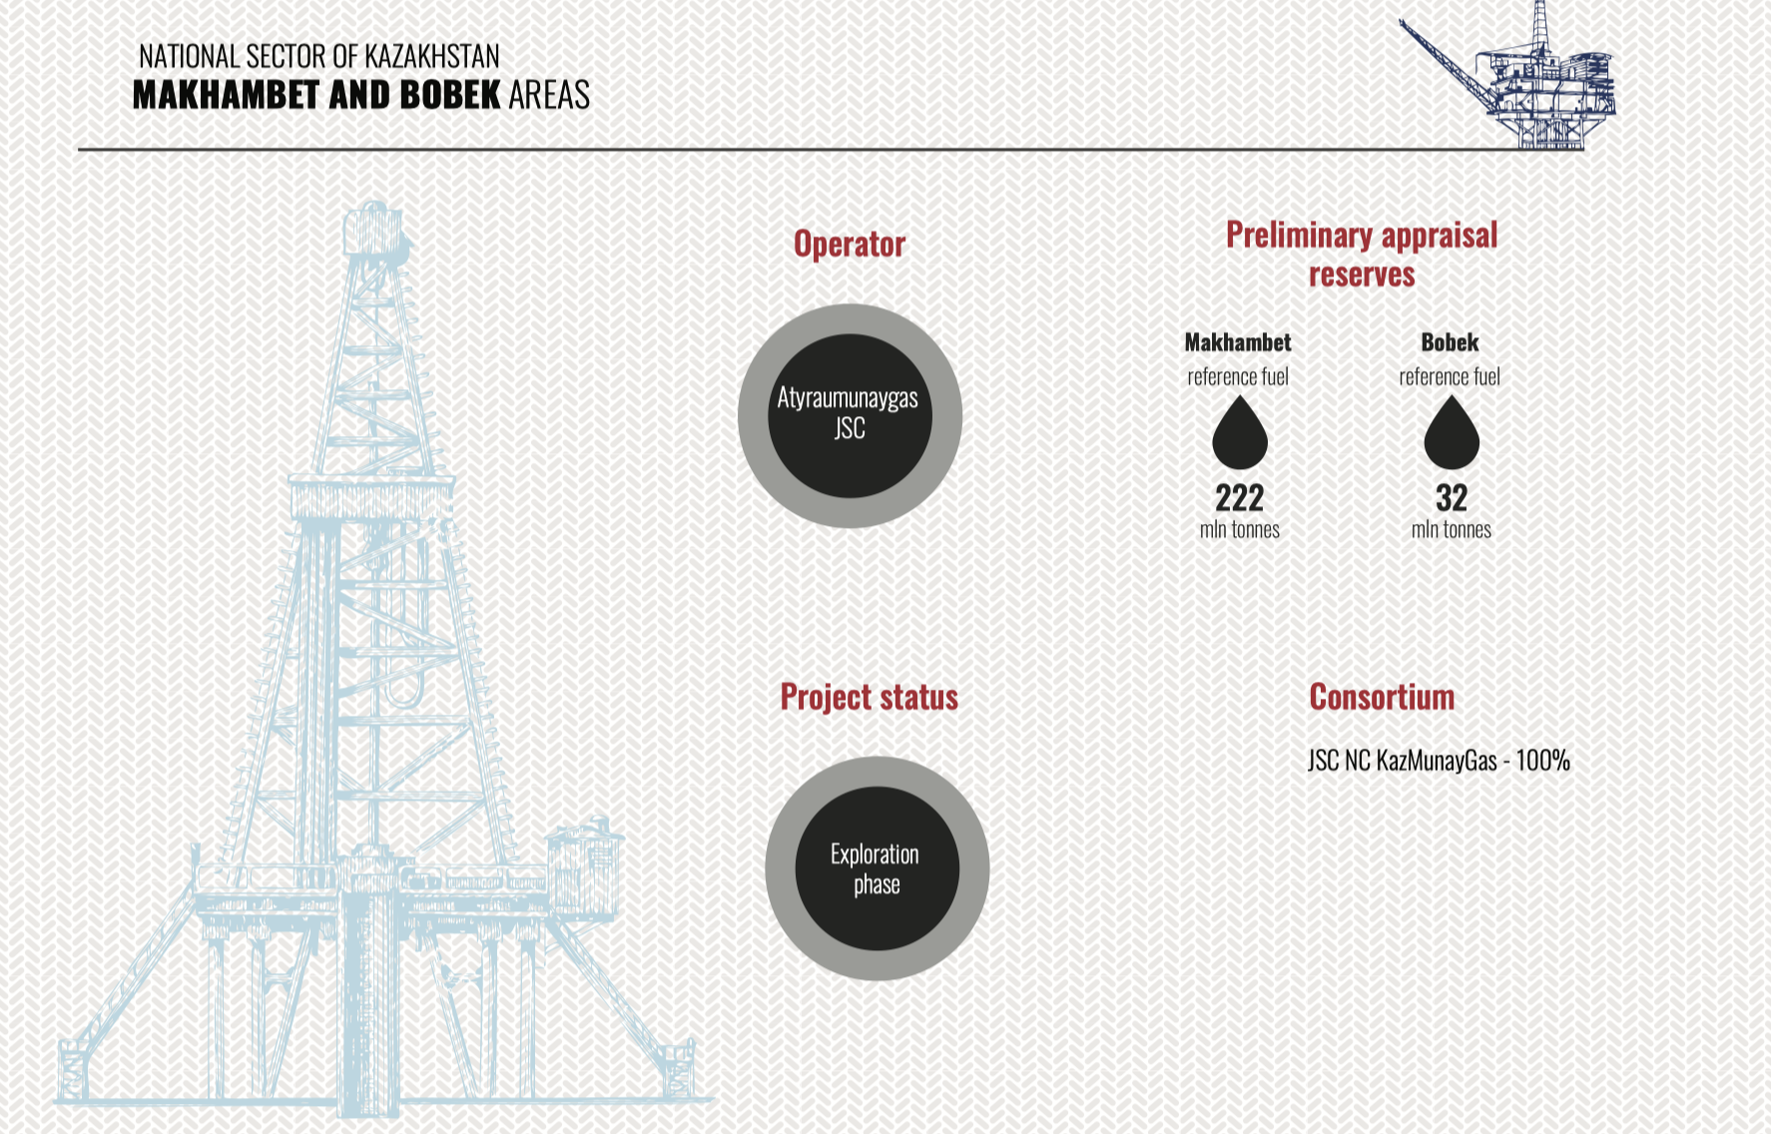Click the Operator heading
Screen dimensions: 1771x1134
point(850,245)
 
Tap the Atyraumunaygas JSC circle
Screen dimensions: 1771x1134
point(850,415)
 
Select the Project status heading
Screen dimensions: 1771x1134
point(870,697)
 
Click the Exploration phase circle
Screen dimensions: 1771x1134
point(878,868)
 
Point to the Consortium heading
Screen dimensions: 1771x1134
point(1382,697)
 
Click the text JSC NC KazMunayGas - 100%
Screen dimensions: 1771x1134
point(1439,761)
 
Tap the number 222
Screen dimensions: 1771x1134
point(1240,497)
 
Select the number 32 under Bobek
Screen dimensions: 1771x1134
point(1452,497)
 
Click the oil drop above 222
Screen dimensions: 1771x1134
point(1240,432)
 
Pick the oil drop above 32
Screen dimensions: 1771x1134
point(1452,432)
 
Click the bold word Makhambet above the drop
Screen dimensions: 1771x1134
point(1238,342)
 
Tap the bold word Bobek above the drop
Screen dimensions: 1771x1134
point(1450,342)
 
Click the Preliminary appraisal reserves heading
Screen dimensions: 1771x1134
point(1362,255)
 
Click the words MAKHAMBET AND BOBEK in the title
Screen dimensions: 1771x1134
point(316,95)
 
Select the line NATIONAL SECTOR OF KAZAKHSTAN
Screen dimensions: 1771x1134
point(319,56)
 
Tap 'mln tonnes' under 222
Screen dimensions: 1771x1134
point(1240,530)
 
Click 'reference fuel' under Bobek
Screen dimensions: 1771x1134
point(1450,377)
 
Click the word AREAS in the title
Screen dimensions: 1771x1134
point(549,95)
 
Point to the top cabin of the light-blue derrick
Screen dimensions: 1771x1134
point(375,229)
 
